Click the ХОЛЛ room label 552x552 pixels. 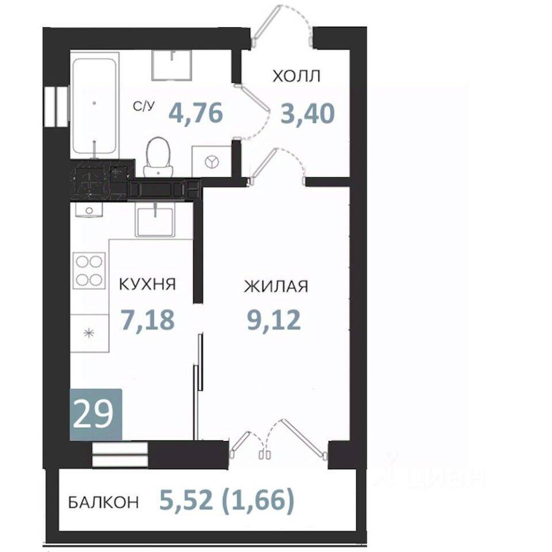tap(297, 76)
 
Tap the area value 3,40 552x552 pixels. tap(307, 114)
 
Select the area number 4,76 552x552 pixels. tap(195, 112)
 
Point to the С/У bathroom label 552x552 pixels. tap(144, 106)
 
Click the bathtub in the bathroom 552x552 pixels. tap(94, 106)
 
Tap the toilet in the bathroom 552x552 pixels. tap(159, 156)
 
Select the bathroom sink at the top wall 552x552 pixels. tap(172, 65)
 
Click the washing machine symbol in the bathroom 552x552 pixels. tap(211, 161)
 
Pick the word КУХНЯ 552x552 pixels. tap(148, 284)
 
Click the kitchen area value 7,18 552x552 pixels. tap(148, 320)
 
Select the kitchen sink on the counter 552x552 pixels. tap(155, 221)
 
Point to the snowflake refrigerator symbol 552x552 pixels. tap(89, 333)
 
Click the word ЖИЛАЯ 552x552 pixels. tap(276, 286)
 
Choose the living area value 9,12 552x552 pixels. tap(274, 320)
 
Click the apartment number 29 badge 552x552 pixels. tap(96, 415)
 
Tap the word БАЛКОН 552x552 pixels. tap(103, 502)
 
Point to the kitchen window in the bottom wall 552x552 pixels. tap(120, 454)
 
